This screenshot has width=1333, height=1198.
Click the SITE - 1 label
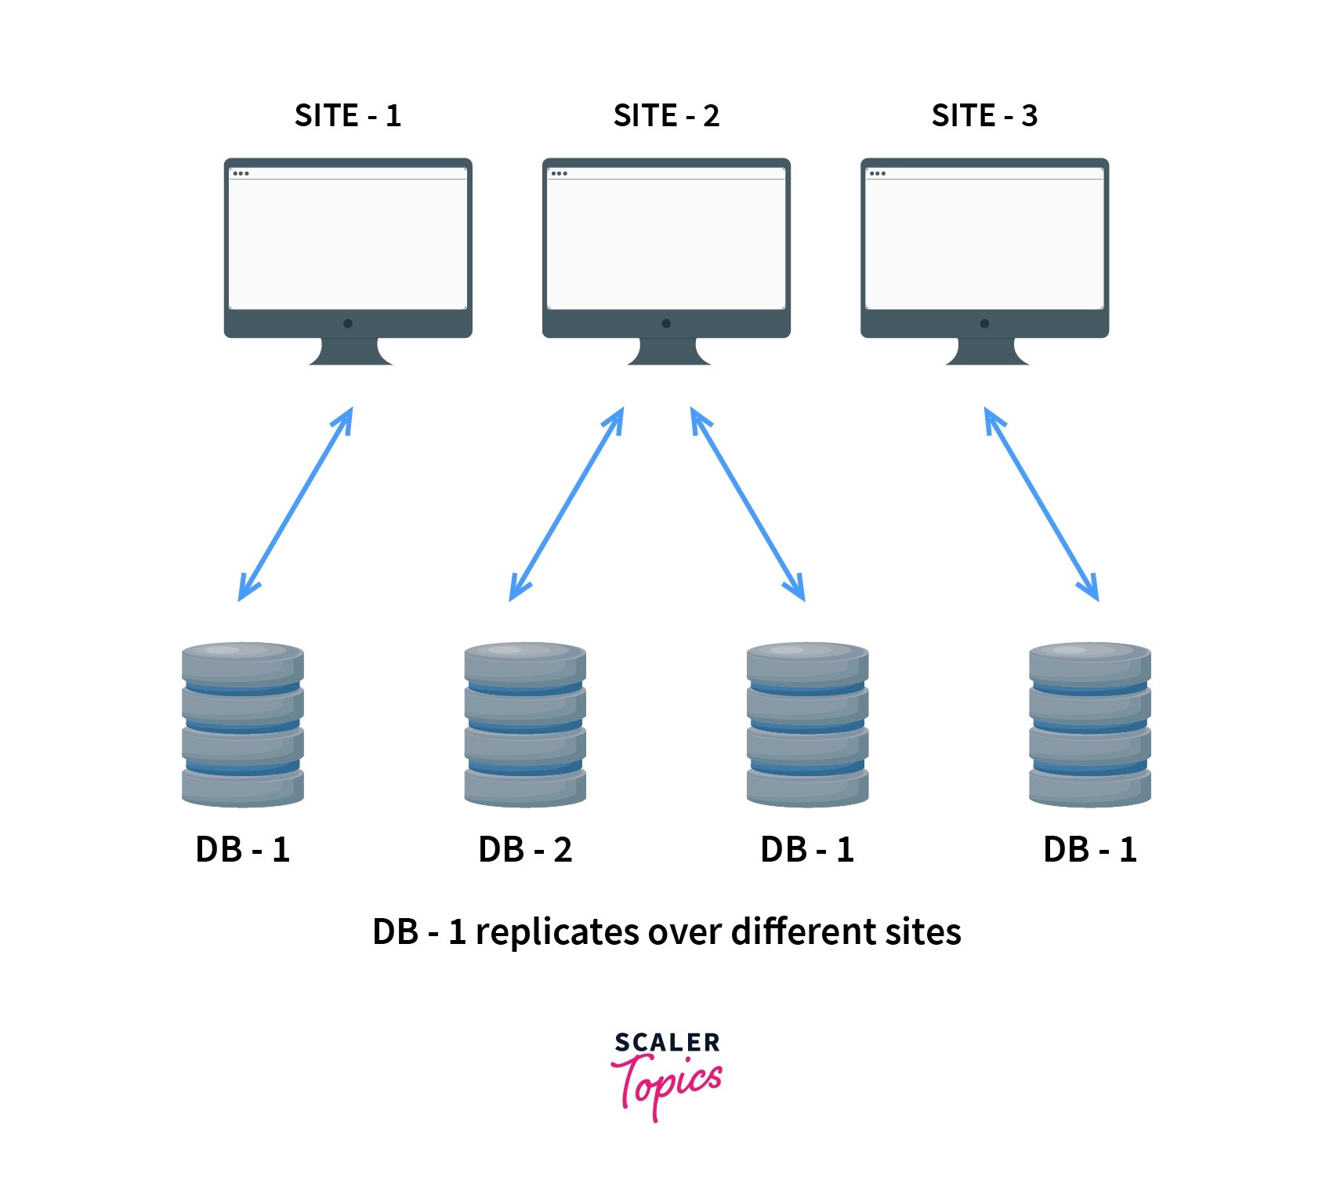(347, 116)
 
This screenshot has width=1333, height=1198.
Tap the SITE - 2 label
(666, 116)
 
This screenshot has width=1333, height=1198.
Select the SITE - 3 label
(984, 116)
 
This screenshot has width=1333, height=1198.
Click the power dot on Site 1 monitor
(348, 323)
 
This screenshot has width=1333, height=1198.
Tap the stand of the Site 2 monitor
(668, 352)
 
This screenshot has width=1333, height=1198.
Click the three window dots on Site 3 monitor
(878, 173)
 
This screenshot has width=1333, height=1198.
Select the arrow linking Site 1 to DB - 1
(295, 504)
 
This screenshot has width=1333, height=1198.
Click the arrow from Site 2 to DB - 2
(567, 504)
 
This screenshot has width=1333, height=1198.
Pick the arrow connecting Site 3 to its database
(1041, 504)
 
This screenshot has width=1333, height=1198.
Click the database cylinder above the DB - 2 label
(525, 724)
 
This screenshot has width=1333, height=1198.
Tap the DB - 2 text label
(525, 850)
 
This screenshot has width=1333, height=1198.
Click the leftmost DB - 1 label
(243, 850)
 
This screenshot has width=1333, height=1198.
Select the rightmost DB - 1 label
(1089, 850)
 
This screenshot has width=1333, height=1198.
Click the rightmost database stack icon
(1089, 724)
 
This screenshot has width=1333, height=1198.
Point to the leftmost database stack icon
(243, 724)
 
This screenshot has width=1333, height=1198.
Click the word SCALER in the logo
(667, 1043)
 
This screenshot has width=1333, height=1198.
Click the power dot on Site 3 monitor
(984, 323)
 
